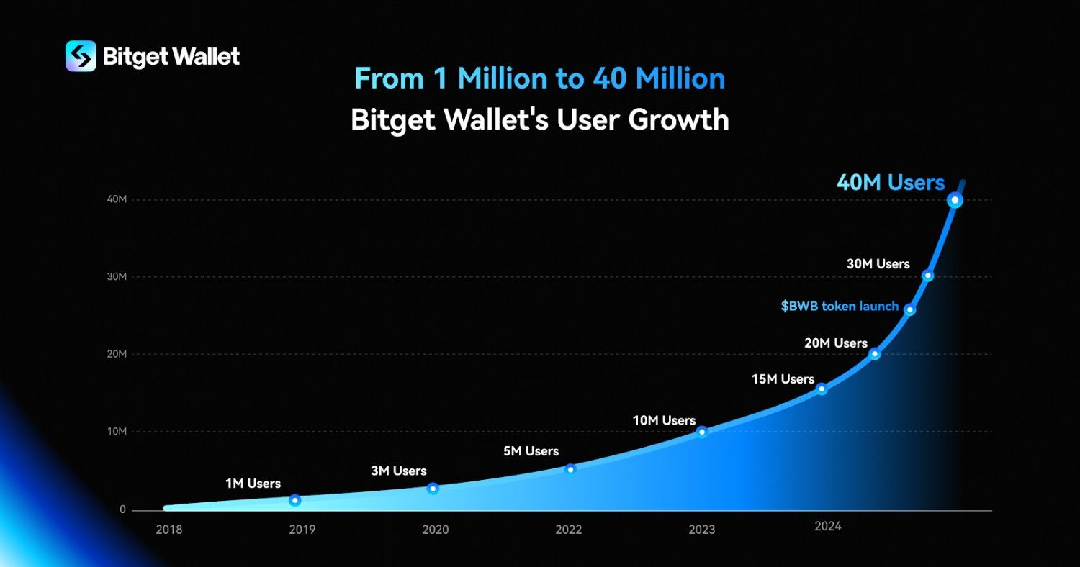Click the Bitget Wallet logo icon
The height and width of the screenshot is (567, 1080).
(81, 56)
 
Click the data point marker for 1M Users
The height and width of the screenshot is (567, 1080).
(294, 500)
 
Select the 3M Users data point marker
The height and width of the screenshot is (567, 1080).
(433, 489)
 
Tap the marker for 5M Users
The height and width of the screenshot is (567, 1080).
(570, 470)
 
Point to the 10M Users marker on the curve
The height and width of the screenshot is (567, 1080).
(702, 432)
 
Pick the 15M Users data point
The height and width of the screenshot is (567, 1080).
(822, 389)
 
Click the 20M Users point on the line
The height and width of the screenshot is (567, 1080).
(875, 354)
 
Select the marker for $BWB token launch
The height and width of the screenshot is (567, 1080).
(910, 309)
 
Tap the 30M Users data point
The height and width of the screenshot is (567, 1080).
(928, 276)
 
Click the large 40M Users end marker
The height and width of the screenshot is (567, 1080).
(955, 200)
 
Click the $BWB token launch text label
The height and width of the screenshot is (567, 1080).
(840, 307)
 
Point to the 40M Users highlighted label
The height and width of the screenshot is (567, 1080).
(891, 183)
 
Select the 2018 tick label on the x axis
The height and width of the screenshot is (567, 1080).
(169, 530)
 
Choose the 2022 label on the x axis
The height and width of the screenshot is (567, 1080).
(569, 530)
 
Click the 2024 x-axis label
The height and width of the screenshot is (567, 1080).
(828, 527)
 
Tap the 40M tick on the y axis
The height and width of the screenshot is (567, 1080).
(117, 199)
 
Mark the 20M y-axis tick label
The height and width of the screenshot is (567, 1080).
(117, 354)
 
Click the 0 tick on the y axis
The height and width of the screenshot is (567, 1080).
(123, 509)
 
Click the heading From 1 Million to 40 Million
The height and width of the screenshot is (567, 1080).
(540, 78)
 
